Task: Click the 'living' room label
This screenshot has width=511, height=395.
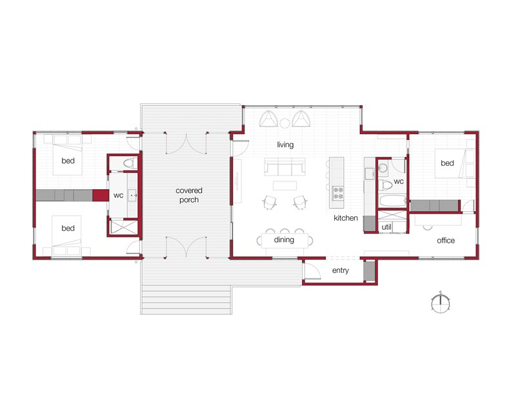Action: (285, 145)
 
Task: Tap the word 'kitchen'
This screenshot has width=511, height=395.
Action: (346, 218)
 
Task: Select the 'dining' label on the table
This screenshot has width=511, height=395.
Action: (284, 240)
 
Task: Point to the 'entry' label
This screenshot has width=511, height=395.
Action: (340, 270)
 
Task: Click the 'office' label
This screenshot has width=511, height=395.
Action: (446, 241)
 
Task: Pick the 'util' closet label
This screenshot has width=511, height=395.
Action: (387, 227)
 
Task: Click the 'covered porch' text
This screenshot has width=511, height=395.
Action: (189, 195)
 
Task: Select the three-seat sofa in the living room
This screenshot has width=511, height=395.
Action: (285, 169)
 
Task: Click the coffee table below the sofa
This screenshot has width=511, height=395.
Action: (285, 186)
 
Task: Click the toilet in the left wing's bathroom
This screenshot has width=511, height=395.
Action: (129, 163)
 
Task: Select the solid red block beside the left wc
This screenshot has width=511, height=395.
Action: (100, 195)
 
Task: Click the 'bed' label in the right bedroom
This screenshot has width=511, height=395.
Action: (447, 163)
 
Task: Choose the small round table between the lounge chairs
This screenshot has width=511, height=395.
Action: (285, 121)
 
